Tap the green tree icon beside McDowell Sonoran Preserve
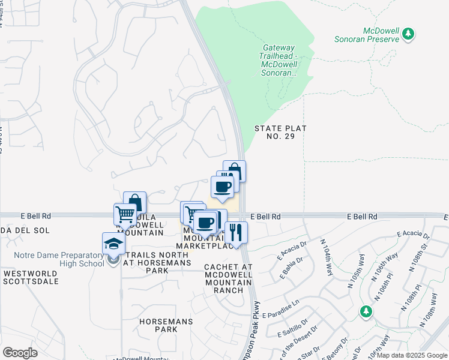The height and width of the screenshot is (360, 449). (409, 34)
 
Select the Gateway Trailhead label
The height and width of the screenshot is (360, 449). (278, 60)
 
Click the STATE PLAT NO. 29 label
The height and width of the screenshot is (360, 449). (280, 132)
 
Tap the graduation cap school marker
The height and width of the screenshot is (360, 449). (113, 244)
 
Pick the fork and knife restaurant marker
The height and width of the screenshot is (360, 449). (236, 232)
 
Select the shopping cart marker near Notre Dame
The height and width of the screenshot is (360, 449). (125, 214)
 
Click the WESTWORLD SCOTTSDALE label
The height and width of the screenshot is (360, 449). (31, 277)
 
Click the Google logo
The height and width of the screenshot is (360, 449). (20, 353)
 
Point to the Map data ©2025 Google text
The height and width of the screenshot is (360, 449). (412, 355)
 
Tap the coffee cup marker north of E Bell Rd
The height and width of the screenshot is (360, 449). (221, 187)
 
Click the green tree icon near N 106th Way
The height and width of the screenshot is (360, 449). (366, 311)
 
